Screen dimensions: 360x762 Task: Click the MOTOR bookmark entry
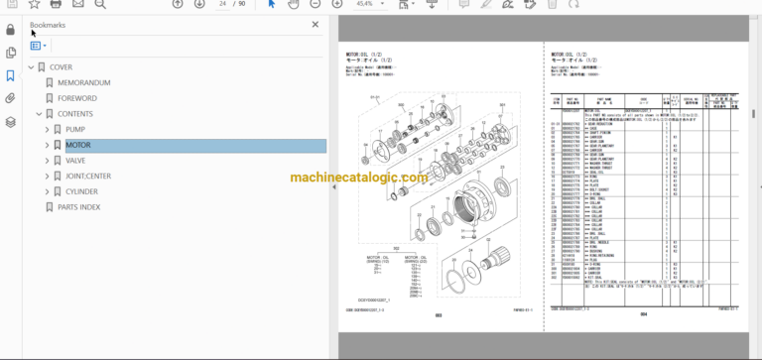78,145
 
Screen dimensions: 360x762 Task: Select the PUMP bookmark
75,129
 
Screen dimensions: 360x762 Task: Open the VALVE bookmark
75,160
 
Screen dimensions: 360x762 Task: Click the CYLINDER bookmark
82,191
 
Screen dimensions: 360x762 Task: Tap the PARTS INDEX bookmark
78,207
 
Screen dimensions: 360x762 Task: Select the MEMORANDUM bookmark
90,82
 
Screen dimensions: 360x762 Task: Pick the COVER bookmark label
62,67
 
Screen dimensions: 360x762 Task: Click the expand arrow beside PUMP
47,129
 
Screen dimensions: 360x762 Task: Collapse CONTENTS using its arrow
39,114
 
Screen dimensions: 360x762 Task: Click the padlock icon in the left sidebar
10,29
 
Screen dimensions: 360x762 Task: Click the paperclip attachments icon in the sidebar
10,98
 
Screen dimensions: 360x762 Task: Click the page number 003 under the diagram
438,315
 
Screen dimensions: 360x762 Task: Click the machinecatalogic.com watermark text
358,178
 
